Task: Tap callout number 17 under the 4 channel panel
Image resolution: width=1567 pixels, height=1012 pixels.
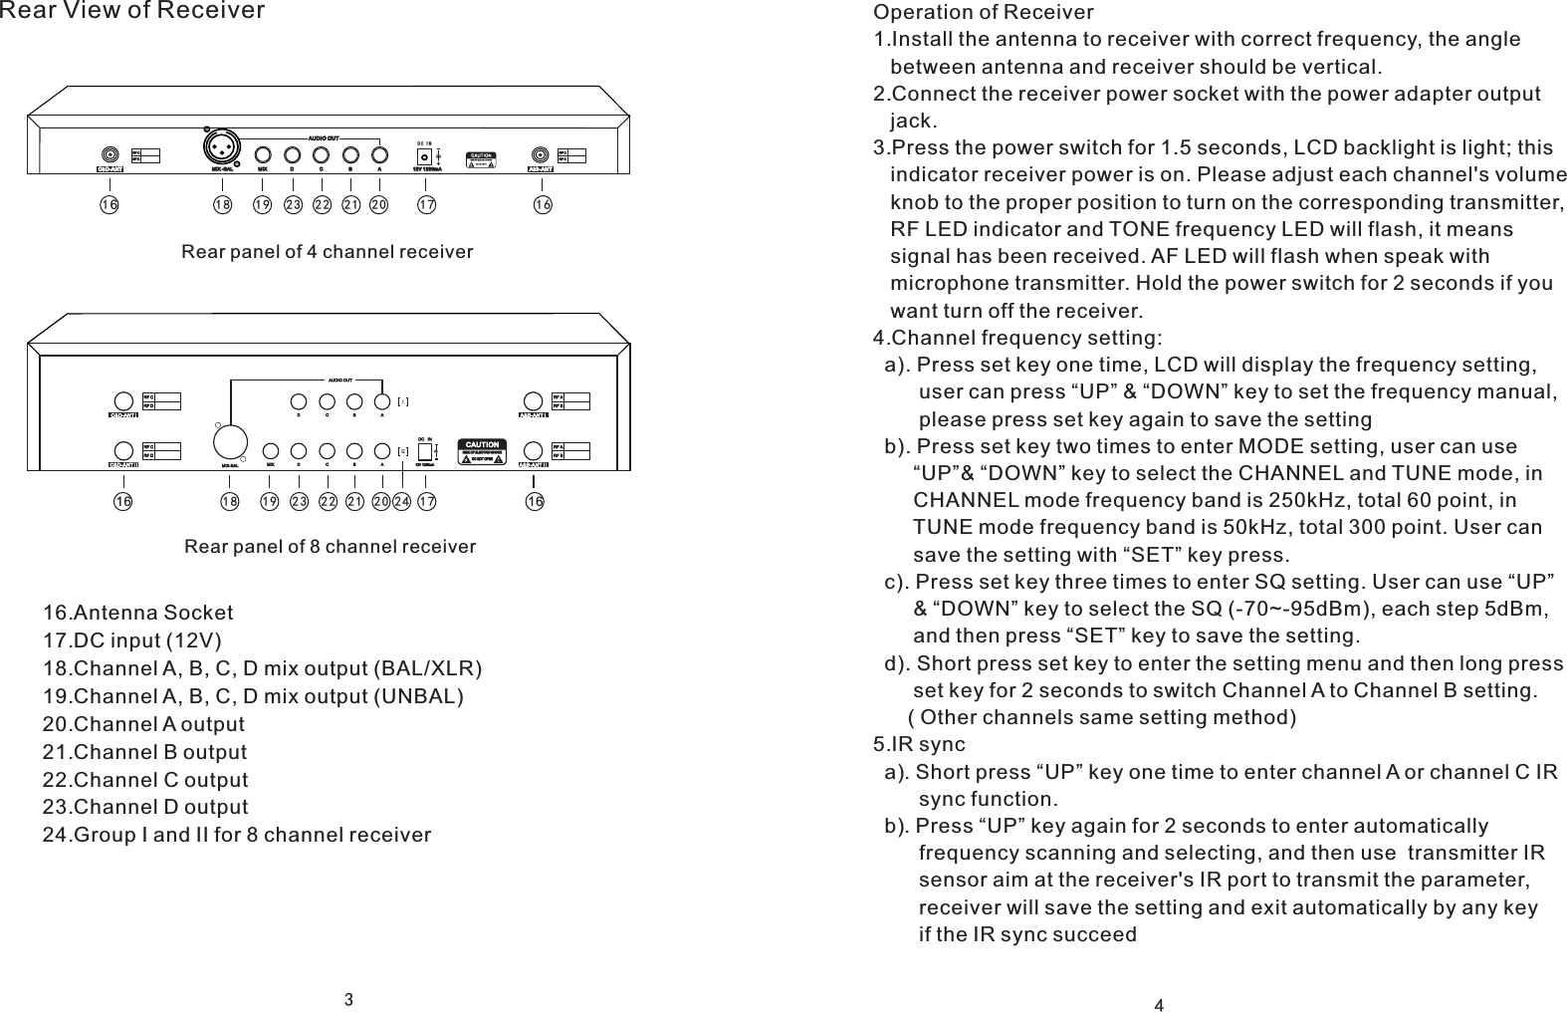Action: coord(426,204)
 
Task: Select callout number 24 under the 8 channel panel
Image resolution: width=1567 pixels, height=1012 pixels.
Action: coord(401,502)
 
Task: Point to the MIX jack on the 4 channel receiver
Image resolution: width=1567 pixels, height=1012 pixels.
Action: coord(264,155)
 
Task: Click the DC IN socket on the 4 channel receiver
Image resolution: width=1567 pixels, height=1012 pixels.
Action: coord(426,156)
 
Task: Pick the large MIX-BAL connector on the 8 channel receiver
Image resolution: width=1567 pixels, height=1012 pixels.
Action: coord(231,439)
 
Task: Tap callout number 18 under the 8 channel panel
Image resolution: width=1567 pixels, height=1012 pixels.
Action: coord(230,502)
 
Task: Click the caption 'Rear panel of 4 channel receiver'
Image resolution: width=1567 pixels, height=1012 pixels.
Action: coord(327,252)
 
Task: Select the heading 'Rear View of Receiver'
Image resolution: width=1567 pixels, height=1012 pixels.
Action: coord(132,11)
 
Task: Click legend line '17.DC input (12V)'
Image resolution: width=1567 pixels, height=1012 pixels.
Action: coord(133,639)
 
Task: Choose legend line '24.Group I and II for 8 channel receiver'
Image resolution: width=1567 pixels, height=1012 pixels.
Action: coord(237,835)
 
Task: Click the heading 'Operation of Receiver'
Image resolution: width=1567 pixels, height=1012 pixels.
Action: coord(983,12)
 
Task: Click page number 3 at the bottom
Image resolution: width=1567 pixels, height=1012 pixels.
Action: coord(349,999)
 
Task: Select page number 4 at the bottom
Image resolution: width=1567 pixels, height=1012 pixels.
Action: coord(1159,1003)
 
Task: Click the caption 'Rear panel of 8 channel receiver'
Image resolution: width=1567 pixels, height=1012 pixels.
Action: coord(331,547)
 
